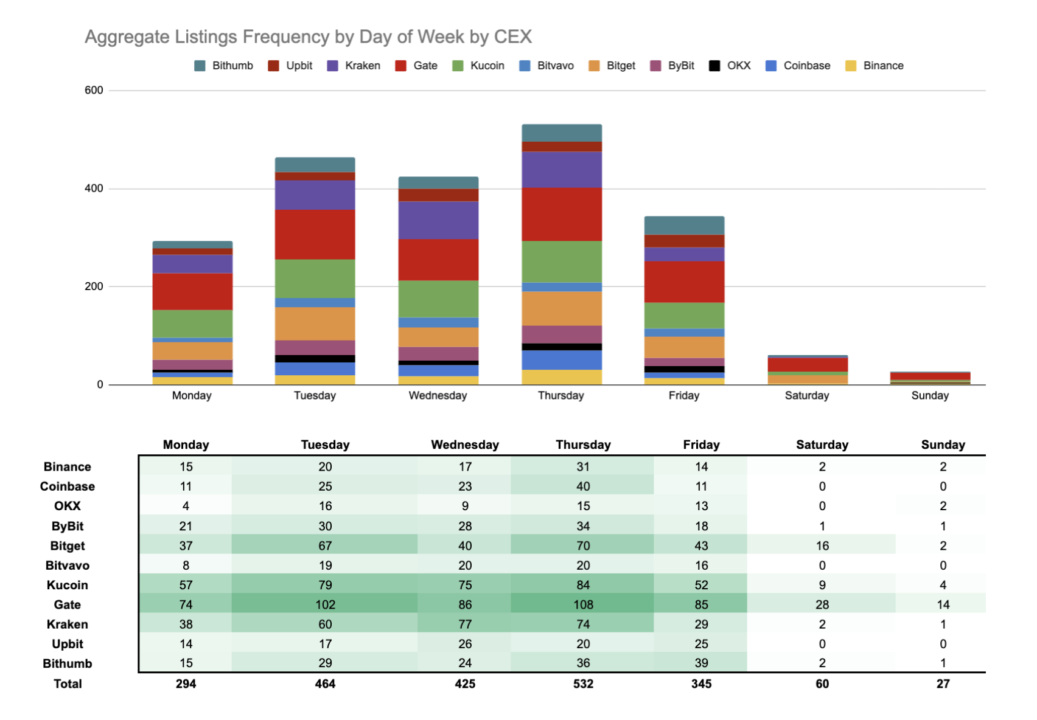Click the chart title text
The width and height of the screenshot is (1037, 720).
[308, 36]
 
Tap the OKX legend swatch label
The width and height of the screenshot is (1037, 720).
[738, 66]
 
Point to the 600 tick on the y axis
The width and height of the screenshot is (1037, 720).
[94, 91]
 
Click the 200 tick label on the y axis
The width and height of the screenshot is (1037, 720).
[94, 286]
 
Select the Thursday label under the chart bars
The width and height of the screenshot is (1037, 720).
[560, 395]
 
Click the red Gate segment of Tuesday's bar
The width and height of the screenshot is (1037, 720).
[315, 235]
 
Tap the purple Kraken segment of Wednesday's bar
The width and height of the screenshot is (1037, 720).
[438, 220]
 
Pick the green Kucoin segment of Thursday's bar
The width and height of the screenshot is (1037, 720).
[562, 261]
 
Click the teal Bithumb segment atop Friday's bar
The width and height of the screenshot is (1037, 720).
[684, 225]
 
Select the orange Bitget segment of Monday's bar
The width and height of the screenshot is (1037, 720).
[192, 351]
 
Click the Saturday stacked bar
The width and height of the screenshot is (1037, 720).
[808, 369]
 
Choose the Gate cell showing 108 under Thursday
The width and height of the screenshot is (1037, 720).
[582, 604]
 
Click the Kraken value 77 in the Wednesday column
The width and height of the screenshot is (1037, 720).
[464, 624]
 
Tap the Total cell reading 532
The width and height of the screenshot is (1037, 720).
[582, 684]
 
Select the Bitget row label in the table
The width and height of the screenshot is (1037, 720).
[67, 545]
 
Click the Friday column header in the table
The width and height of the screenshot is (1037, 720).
[701, 445]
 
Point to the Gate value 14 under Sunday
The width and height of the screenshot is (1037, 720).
[943, 604]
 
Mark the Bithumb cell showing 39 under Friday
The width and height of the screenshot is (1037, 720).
[701, 663]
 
